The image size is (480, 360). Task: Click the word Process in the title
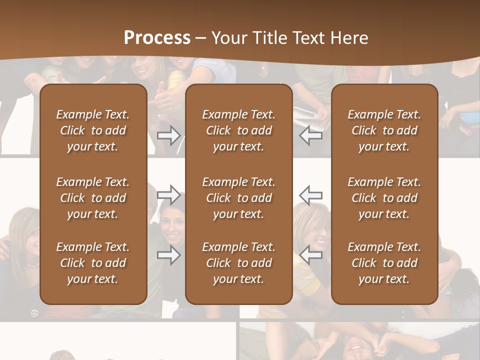click(x=157, y=38)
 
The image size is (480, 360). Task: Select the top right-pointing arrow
click(x=168, y=135)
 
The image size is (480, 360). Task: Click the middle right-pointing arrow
click(x=168, y=194)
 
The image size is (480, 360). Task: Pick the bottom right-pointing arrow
click(x=168, y=254)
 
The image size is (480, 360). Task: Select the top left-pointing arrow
click(x=311, y=135)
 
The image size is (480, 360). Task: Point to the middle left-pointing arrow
click(x=311, y=194)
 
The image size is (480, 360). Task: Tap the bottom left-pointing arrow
click(x=311, y=254)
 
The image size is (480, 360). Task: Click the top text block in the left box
click(x=93, y=130)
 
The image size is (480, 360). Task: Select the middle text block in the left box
click(x=93, y=198)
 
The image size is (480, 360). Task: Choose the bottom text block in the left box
click(x=93, y=263)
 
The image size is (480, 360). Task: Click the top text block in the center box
click(x=238, y=130)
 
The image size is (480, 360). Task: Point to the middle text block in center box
click(x=238, y=198)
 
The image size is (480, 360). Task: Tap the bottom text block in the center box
click(x=238, y=263)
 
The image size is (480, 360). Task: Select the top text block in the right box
click(x=384, y=130)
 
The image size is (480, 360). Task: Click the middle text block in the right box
click(x=384, y=198)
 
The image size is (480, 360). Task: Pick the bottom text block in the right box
click(x=384, y=263)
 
